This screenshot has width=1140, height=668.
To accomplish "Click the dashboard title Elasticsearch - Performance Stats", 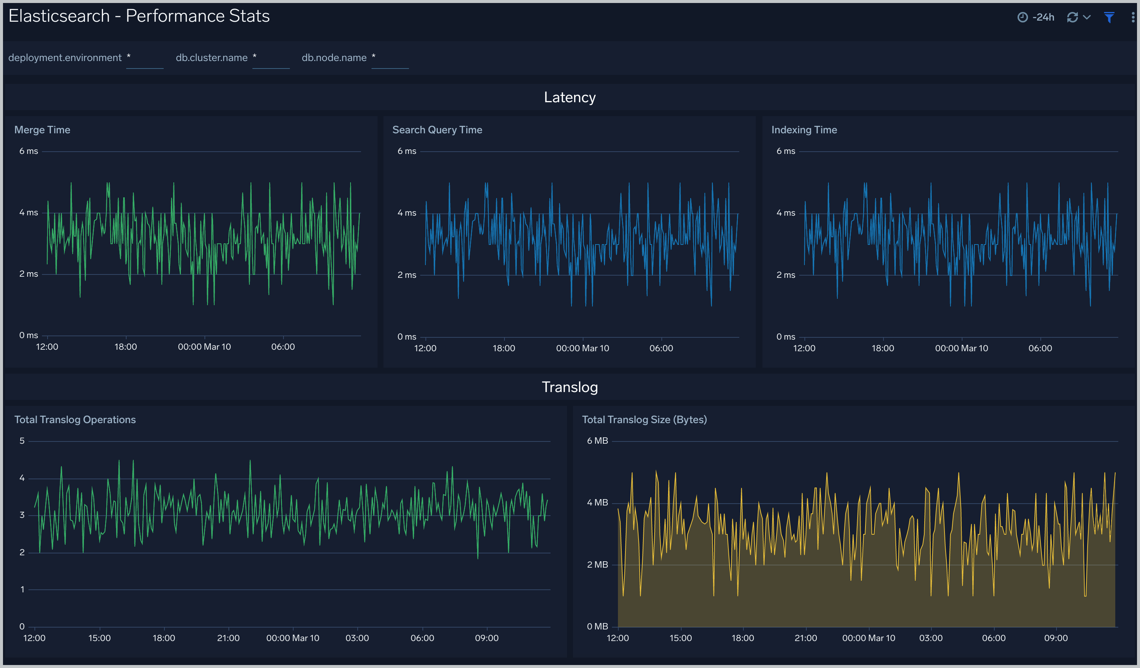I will click(139, 16).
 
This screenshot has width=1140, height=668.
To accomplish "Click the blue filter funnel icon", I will click(1109, 17).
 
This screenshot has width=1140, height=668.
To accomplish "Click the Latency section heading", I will click(570, 97).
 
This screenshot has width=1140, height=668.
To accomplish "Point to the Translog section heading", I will click(570, 387).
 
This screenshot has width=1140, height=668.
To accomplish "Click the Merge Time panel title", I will click(42, 130).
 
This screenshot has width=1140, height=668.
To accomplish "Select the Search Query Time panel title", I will click(437, 130).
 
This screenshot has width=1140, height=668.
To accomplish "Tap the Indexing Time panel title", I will click(804, 130).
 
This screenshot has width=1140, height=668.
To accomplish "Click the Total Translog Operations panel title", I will click(75, 420).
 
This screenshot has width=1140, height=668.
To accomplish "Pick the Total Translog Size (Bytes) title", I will click(644, 420).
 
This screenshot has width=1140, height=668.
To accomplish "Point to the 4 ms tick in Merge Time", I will click(28, 213).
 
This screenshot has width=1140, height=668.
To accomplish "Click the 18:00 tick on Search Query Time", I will click(503, 348).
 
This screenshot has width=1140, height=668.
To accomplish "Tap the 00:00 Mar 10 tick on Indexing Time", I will click(961, 348).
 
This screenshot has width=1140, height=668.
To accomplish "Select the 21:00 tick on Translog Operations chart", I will click(228, 638).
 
